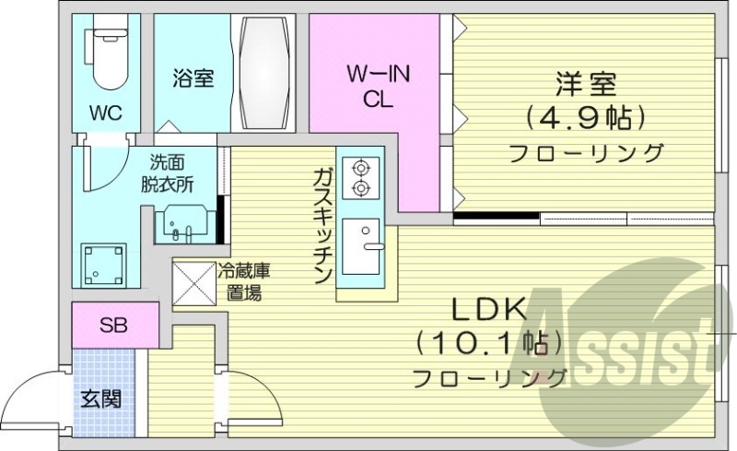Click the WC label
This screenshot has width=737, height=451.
tap(107, 113)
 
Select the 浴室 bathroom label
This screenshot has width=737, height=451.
tap(193, 78)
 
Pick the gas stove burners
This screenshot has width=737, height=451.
tap(359, 178)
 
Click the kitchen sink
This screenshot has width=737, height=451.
tap(361, 246)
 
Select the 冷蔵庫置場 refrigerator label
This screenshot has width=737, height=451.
tap(243, 282)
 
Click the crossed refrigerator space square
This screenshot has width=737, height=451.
tap(192, 282)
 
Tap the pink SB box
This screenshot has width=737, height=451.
tap(114, 325)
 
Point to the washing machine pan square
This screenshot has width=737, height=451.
tap(102, 265)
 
